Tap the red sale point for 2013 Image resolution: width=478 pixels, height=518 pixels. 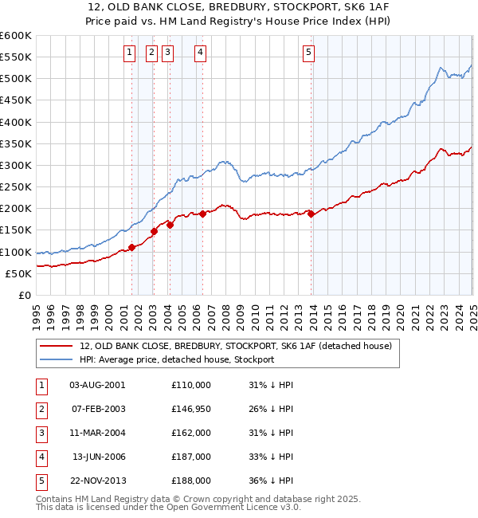coord(311,213)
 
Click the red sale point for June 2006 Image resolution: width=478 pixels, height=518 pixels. coord(202,214)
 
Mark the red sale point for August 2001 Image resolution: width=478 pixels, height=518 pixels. coord(131,247)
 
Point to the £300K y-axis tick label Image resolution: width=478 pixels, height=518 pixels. coord(15,166)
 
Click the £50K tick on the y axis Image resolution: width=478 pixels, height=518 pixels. coord(18,274)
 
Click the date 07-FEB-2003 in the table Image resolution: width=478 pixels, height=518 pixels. coord(98,409)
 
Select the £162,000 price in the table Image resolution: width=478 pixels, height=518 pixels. coord(191,433)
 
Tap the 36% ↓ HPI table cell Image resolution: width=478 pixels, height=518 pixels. coord(271,481)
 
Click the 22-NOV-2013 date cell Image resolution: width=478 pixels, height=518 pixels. coord(98,481)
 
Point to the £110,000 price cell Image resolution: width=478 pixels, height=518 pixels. coord(191,385)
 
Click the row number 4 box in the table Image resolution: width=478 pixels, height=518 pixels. coord(41,457)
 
